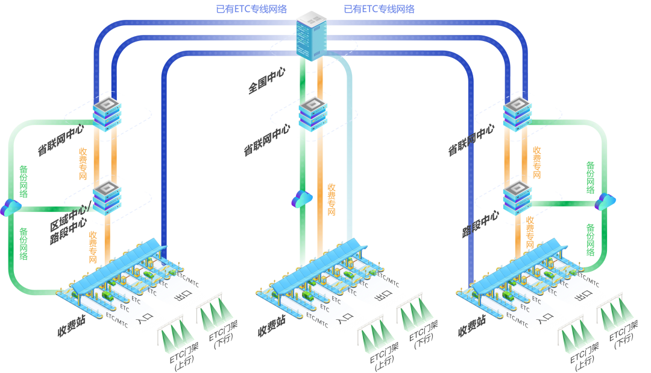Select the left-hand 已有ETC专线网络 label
coord(251,9)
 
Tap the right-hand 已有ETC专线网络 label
coord(379,9)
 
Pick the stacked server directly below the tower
coord(313,114)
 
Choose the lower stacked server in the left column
coord(107,197)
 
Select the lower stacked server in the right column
coord(518,197)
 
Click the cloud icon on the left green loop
coord(10,208)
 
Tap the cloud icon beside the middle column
coord(301,199)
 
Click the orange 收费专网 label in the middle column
coord(331,199)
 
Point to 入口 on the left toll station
coord(145,319)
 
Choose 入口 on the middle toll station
coord(344,319)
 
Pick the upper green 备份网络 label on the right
coord(591,177)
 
